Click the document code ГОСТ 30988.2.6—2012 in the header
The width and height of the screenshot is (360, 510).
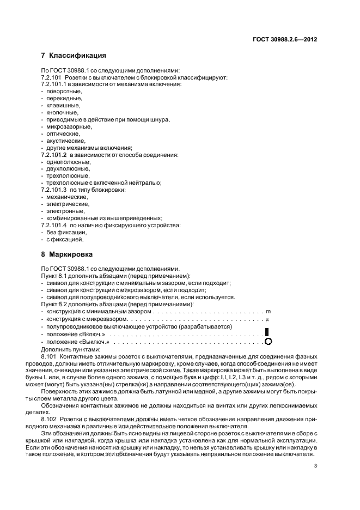coord(285,39)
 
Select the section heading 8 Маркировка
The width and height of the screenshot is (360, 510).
coord(67,254)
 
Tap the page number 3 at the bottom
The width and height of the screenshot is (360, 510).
coord(316,466)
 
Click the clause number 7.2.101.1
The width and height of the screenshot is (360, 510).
coord(53,84)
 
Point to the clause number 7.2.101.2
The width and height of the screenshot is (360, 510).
coord(53,155)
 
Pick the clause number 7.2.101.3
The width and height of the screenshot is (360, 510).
coord(53,190)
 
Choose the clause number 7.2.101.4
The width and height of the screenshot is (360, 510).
coord(53,225)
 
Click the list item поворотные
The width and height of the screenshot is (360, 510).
coord(64,91)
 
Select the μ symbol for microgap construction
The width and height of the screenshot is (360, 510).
coord(267,319)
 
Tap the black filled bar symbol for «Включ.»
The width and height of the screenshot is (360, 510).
coord(267,332)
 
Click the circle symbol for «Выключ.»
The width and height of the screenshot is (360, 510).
coord(267,342)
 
